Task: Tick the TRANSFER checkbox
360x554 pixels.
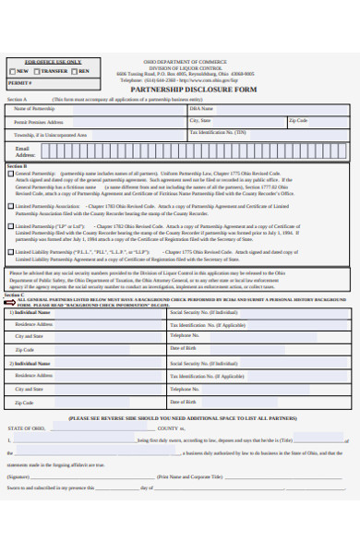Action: click(38, 71)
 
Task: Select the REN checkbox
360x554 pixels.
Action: click(75, 71)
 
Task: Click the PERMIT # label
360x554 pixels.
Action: click(19, 82)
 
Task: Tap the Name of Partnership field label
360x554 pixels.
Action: click(34, 109)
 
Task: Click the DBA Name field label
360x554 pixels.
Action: click(201, 109)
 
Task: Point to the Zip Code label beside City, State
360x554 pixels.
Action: click(298, 120)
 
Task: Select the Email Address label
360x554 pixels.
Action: click(25, 151)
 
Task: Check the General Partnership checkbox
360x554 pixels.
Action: click(11, 173)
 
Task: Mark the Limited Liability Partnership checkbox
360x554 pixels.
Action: click(11, 251)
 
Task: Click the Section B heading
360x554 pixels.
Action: click(17, 165)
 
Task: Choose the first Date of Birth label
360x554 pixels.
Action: click(184, 348)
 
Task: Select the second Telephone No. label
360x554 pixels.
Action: click(186, 390)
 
